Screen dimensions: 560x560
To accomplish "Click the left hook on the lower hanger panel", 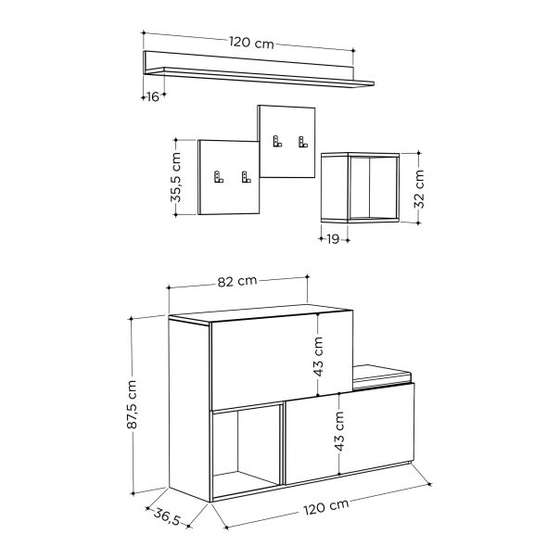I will point(219,177).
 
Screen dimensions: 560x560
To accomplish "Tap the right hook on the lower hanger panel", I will point(246,177).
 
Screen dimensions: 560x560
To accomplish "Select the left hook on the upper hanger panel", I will point(276,142).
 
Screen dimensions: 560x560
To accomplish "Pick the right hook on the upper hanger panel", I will point(302,142).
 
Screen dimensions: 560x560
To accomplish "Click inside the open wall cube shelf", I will point(360,187).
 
